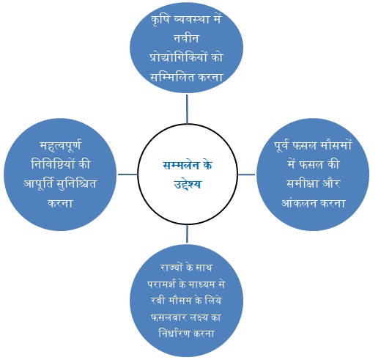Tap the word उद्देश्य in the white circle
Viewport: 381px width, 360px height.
coord(188,184)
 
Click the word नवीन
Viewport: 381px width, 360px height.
coord(186,39)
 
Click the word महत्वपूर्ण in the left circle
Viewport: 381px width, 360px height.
coord(60,146)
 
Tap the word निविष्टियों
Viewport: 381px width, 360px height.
coord(53,164)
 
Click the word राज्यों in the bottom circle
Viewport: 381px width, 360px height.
coord(172,267)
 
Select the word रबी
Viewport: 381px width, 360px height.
coord(158,301)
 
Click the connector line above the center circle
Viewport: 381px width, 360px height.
coord(187,109)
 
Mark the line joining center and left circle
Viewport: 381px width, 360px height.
coord(127,175)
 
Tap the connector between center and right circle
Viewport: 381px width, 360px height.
coord(246,175)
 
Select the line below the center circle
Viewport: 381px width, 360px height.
coord(187,234)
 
